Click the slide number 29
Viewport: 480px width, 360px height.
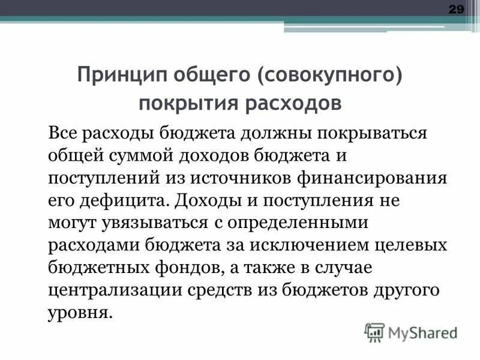point(457,10)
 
